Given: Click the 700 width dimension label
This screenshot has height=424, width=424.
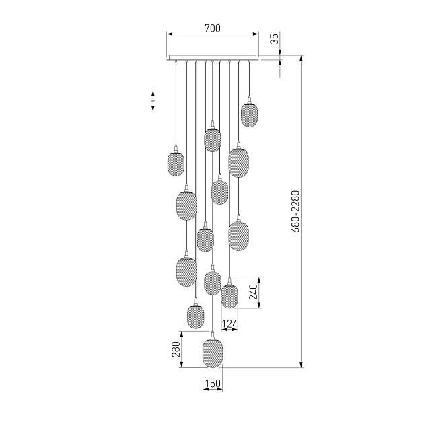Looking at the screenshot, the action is (x=213, y=28).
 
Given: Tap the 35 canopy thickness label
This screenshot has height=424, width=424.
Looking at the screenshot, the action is (x=274, y=38).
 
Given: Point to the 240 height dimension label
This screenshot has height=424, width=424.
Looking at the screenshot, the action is (x=253, y=292).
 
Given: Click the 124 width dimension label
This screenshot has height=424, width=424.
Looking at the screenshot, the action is (x=229, y=324).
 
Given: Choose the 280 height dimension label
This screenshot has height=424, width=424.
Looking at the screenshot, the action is (x=176, y=349).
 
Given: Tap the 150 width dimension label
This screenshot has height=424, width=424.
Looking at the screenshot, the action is (x=213, y=384).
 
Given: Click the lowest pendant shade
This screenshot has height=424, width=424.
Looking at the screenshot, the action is (x=213, y=353).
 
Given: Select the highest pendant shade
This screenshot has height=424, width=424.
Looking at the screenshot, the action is (x=249, y=115).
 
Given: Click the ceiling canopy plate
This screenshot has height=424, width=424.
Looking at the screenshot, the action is (x=213, y=57).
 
